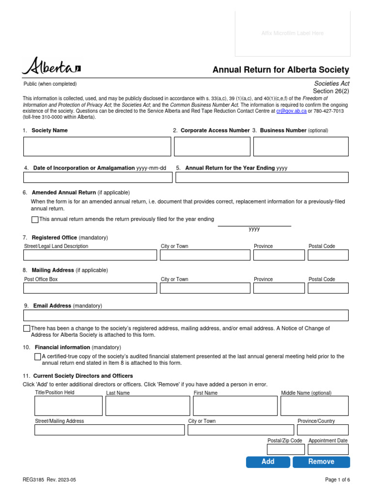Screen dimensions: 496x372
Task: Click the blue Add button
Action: pos(268,462)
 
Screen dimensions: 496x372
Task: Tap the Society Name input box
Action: pos(97,146)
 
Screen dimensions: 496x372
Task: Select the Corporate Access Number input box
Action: pos(212,146)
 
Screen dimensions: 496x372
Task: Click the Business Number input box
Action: pos(301,146)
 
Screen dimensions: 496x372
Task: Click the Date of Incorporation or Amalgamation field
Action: pos(98,177)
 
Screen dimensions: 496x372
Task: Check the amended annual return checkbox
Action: pos(35,219)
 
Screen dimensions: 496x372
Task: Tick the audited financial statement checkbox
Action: pos(38,357)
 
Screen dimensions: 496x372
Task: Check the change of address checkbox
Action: pos(27,328)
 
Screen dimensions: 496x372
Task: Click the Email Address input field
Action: pos(186,316)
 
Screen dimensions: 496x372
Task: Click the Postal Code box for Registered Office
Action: pos(328,255)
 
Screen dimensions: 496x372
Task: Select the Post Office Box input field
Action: pos(90,288)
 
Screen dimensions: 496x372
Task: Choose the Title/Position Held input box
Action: pos(68,406)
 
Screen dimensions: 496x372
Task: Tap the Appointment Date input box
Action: pos(328,449)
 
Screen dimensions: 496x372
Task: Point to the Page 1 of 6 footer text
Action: pos(337,480)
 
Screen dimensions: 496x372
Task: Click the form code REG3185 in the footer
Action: pos(33,480)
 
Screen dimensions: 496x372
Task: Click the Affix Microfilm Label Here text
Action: pos(292,33)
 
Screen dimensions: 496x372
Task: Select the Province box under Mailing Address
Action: pos(279,288)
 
